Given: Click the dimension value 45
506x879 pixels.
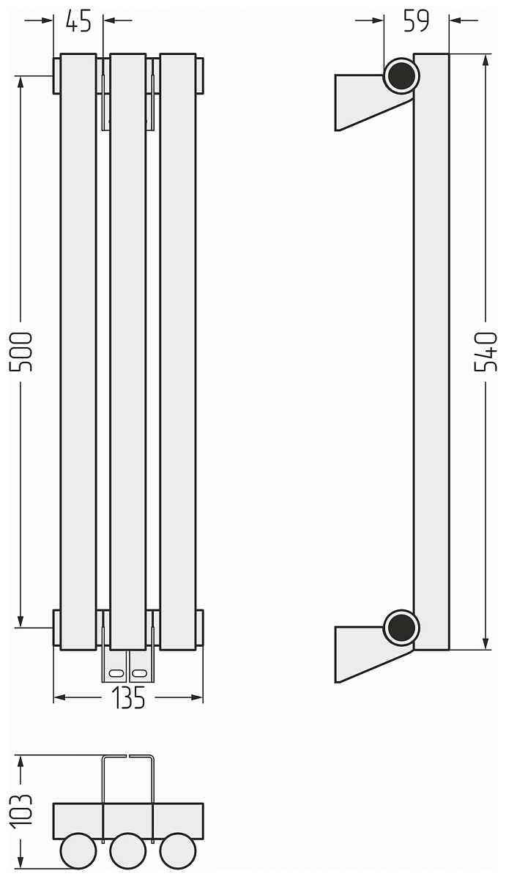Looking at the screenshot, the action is click(78, 21).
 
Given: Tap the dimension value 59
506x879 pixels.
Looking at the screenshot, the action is click(416, 21).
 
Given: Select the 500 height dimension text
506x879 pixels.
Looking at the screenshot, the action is click(21, 352).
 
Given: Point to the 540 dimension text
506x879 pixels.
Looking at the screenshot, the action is click(485, 352).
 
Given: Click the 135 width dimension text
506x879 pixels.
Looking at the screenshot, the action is click(128, 697).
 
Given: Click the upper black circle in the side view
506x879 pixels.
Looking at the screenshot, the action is click(401, 75).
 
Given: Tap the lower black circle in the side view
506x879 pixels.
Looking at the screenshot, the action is click(401, 628).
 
